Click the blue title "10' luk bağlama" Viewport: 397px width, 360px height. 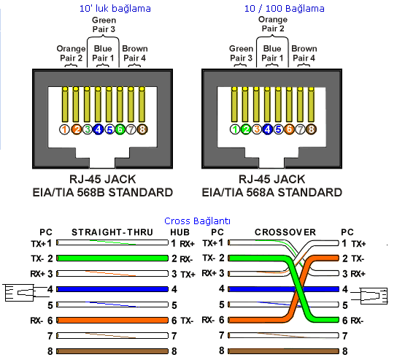115,9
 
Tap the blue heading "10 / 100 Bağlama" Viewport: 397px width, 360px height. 285,9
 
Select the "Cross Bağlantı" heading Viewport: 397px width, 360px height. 197,221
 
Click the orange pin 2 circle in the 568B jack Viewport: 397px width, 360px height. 76,129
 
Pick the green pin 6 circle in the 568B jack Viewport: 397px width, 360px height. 120,129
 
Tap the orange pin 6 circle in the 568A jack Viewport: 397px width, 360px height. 289,129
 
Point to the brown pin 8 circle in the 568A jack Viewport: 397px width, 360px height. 311,129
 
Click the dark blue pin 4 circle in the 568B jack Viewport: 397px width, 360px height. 99,129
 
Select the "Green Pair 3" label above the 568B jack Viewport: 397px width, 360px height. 104,25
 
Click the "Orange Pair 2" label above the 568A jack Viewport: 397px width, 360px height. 273,24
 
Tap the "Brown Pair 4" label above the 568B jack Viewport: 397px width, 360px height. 135,53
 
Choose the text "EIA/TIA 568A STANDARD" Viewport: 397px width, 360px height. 272,193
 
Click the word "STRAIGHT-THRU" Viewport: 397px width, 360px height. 112,232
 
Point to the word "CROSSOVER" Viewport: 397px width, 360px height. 285,232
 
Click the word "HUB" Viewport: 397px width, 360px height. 180,232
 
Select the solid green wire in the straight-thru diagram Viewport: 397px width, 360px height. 112,258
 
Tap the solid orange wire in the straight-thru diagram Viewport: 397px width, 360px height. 112,321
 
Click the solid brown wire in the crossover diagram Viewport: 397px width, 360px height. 284,351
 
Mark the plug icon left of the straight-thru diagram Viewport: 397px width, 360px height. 26,293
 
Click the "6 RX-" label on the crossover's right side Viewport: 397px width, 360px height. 353,321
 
